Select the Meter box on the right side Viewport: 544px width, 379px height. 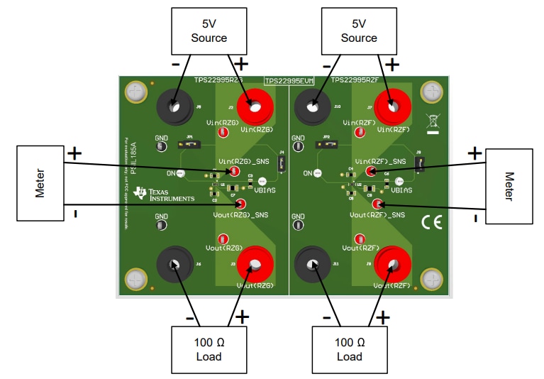point(509,185)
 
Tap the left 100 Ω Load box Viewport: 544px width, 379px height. point(209,348)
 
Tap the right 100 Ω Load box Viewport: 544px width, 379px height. point(349,348)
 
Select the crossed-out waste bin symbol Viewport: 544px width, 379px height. point(432,121)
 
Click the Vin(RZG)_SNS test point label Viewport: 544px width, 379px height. point(243,162)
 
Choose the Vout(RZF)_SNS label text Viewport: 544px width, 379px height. point(378,214)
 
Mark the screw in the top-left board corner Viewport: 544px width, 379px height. point(135,92)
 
